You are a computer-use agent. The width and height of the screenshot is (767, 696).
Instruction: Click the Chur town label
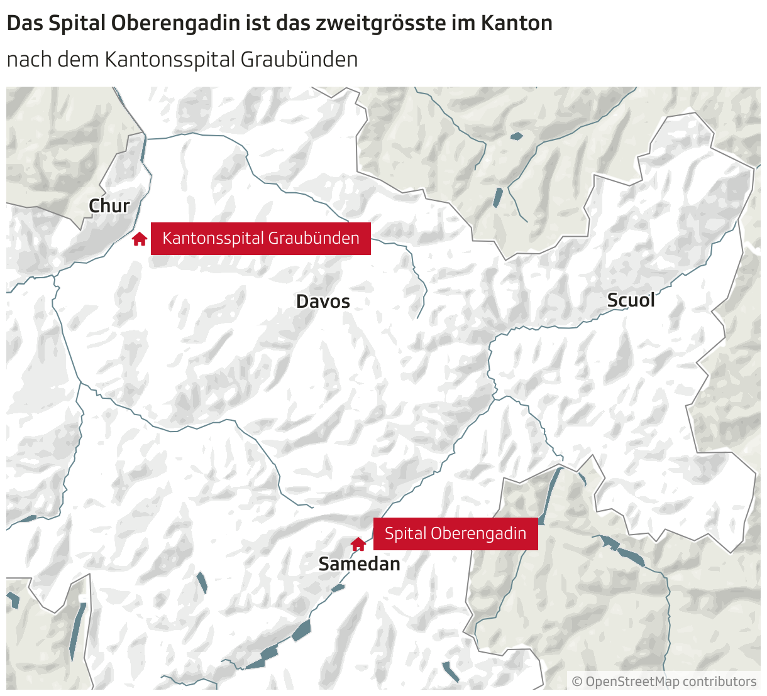[x=109, y=206]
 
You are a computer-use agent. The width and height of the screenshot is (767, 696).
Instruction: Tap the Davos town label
[x=323, y=302]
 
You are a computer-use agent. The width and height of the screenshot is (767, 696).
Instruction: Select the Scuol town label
[x=631, y=300]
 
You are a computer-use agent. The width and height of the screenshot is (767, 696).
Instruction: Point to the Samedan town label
[x=359, y=564]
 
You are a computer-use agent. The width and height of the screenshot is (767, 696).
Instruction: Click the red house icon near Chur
[x=140, y=239]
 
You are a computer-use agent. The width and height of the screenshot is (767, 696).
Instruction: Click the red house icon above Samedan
[x=358, y=544]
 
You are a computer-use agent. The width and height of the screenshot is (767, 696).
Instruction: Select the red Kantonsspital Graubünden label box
[x=260, y=239]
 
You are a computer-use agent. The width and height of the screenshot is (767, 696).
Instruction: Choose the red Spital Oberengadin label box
[x=455, y=534]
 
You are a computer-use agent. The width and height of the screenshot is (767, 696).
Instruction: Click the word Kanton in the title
[x=516, y=24]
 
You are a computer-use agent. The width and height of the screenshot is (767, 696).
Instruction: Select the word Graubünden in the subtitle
[x=299, y=60]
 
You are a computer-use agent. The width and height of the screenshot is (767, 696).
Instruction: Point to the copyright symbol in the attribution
[x=577, y=682]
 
